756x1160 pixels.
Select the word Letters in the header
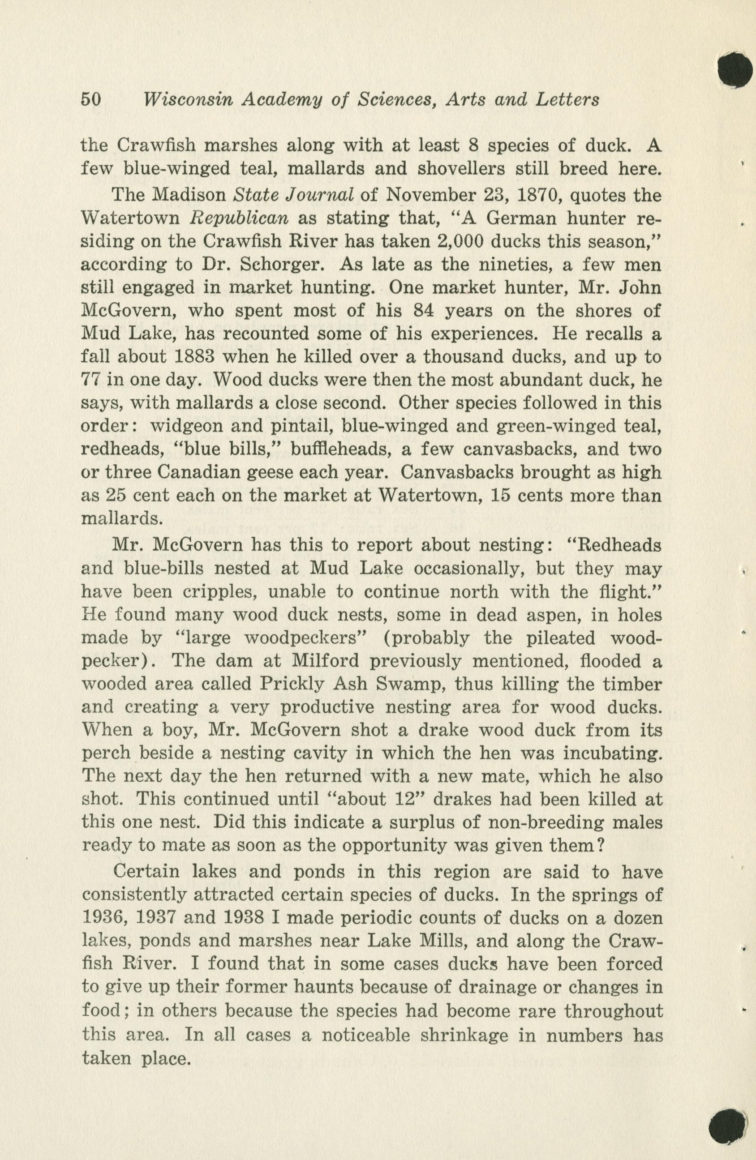pyautogui.click(x=567, y=99)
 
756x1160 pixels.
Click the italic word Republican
pyautogui.click(x=239, y=218)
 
